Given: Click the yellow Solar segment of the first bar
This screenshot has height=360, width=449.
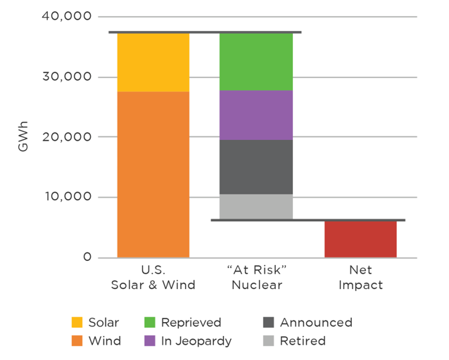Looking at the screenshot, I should (153, 62).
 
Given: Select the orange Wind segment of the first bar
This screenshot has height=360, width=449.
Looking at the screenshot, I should (153, 174).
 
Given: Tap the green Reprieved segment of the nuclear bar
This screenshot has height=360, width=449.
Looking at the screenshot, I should (256, 61).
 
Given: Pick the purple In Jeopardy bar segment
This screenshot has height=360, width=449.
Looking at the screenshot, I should (256, 115).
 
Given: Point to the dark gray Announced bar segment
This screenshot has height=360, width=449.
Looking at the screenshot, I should (256, 167).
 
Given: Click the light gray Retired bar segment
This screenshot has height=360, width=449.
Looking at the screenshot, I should (256, 207).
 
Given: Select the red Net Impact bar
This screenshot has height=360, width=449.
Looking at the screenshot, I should (360, 239).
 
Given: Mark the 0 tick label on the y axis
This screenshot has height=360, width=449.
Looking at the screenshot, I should (87, 257).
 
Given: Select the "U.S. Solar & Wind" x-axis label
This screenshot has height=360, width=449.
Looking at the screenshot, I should (153, 278).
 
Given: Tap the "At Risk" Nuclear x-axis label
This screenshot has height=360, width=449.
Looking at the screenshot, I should (257, 278).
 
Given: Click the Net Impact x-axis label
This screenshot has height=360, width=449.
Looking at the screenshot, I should (360, 278).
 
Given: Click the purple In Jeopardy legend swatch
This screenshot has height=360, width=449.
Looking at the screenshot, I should (149, 341).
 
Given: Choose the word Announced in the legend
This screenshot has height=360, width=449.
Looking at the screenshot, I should (316, 323).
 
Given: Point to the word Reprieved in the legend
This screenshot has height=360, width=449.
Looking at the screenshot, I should (191, 323).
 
